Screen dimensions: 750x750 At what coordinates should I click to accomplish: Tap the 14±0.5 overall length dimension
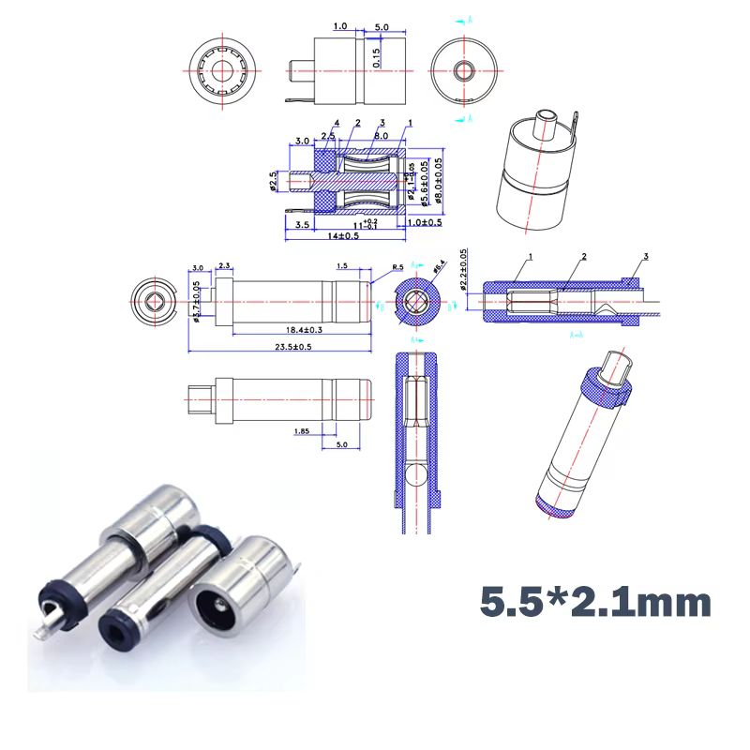(x=337, y=236)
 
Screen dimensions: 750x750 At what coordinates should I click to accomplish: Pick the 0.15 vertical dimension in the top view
(x=377, y=57)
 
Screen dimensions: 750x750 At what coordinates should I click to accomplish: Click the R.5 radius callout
(x=397, y=267)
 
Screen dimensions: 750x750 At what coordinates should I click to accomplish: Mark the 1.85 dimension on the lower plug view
(x=302, y=431)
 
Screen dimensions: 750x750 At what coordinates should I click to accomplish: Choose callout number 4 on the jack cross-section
(x=336, y=124)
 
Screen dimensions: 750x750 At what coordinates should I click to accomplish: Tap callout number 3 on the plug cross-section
(x=645, y=257)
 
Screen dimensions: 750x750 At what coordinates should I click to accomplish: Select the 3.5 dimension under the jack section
(x=303, y=226)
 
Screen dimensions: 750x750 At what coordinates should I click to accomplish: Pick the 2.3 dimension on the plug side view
(x=226, y=267)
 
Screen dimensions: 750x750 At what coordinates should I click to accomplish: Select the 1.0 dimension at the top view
(x=339, y=27)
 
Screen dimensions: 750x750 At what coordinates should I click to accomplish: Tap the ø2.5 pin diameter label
(x=274, y=181)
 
